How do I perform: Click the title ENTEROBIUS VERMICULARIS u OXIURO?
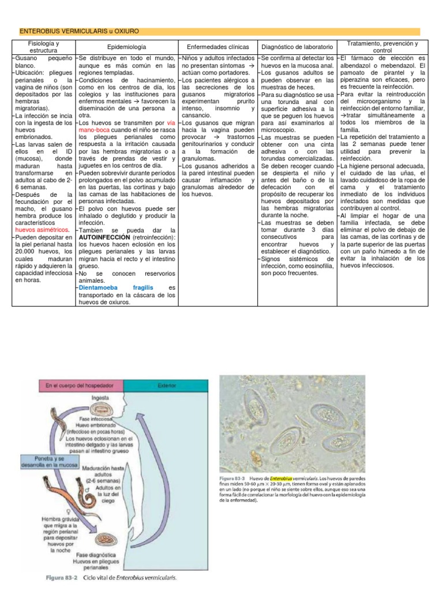click(79, 31)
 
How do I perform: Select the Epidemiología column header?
click(126, 47)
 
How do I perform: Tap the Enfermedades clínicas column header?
click(218, 47)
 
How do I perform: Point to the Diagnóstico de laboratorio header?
click(296, 47)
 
